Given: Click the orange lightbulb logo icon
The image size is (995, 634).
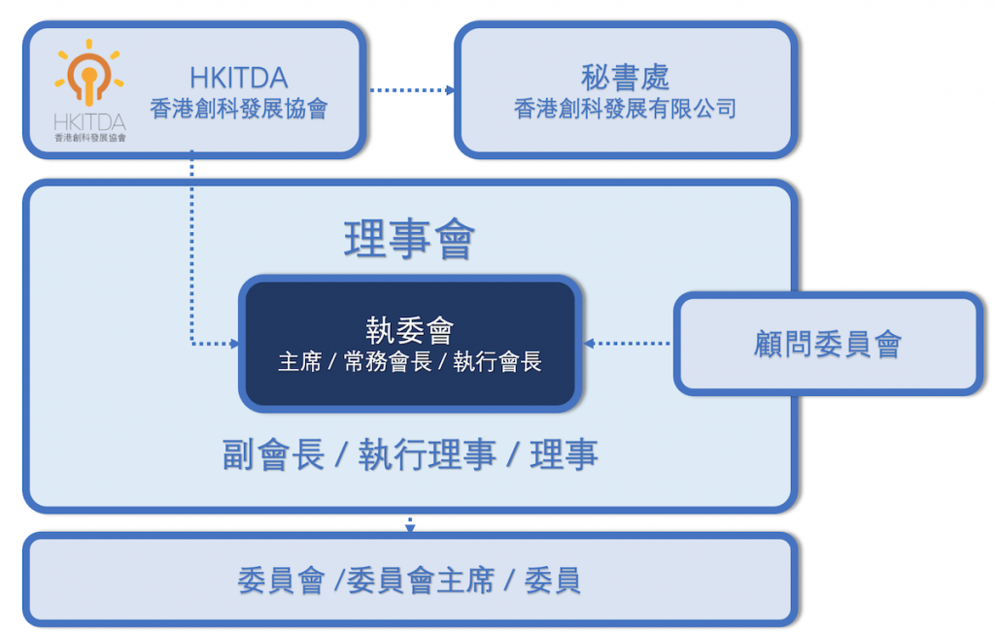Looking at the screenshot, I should [x=89, y=75].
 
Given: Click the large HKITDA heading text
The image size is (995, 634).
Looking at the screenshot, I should [x=238, y=79].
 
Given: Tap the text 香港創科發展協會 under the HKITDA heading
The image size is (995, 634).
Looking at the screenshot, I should [x=238, y=109].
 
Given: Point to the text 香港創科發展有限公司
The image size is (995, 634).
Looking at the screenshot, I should [x=625, y=109].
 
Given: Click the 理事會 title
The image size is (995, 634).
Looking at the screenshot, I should [x=409, y=239].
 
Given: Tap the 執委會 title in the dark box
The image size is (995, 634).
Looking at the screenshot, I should [x=409, y=330].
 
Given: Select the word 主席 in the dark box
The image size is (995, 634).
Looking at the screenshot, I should [x=298, y=362].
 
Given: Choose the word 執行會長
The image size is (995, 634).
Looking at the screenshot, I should [x=497, y=362].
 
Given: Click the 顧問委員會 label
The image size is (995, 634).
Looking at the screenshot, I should [x=827, y=344].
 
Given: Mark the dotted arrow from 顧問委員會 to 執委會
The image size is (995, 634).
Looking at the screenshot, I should [x=629, y=343].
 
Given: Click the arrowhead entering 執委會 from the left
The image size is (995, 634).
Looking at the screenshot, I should [x=233, y=343].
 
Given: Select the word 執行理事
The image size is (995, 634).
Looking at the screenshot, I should [x=428, y=454].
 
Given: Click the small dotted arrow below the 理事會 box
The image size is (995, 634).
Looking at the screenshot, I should [x=410, y=525].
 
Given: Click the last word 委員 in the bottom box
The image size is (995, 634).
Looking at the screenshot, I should [x=552, y=581].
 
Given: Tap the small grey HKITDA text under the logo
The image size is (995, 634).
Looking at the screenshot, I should [x=89, y=122].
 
